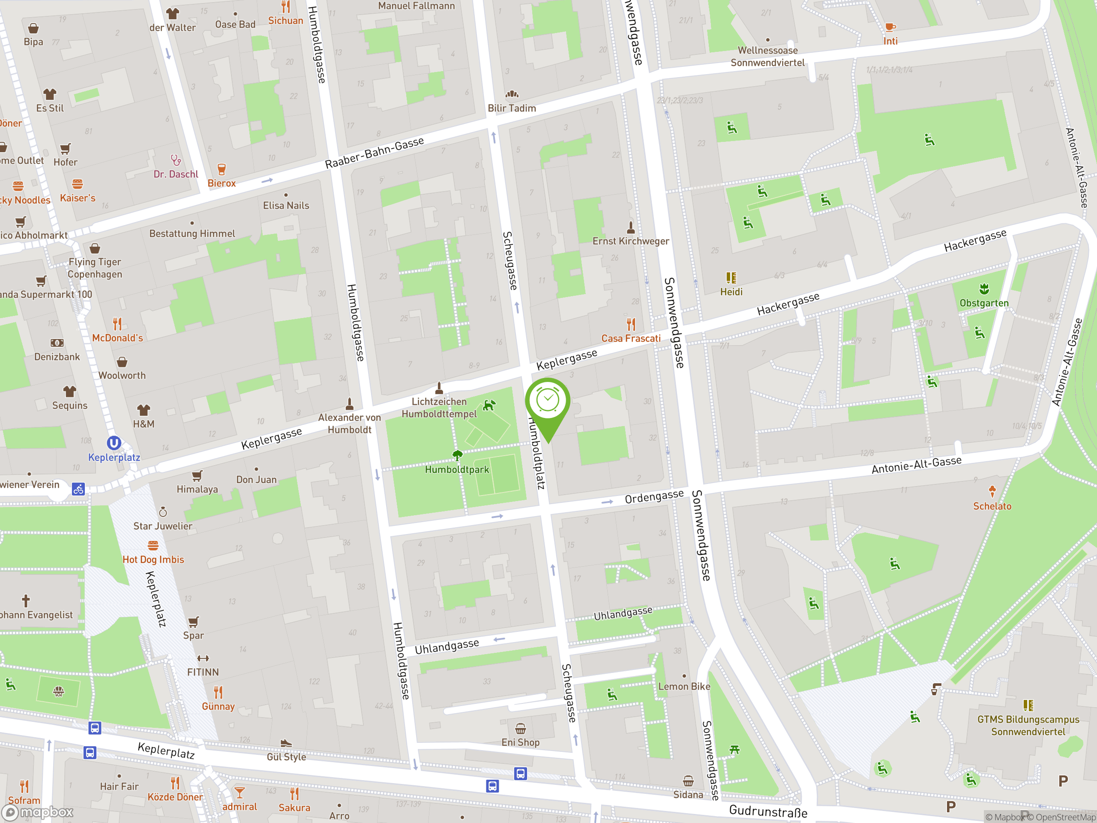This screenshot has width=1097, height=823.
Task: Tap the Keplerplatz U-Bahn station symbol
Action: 114,442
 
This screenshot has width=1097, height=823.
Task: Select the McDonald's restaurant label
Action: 117,338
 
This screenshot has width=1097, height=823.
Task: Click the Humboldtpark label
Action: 457,469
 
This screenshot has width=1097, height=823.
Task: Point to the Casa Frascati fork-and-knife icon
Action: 631,324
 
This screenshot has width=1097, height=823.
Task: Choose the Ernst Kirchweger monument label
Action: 630,241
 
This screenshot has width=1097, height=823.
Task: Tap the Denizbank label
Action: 57,357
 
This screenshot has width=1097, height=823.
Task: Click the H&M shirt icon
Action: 143,410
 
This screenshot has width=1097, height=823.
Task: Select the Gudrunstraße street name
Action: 768,811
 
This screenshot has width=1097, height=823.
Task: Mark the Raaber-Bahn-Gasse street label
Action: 375,152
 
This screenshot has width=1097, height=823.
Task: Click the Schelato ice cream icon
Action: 992,491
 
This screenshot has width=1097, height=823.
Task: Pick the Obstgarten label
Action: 984,303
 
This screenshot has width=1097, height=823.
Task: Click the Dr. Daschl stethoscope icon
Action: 176,160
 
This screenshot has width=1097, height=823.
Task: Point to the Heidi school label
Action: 731,292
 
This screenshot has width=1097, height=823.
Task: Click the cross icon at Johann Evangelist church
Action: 26,601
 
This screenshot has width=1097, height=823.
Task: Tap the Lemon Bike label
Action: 684,687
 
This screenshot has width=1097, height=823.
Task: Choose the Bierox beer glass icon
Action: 222,169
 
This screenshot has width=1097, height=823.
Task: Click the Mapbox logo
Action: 38,812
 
